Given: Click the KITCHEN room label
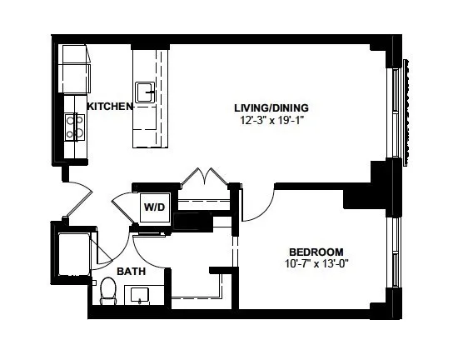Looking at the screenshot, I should [110, 107].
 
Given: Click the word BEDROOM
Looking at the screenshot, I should [316, 252].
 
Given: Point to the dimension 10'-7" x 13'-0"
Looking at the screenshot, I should [316, 265].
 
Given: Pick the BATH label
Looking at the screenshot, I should [131, 272].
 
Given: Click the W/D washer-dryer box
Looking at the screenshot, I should [154, 207].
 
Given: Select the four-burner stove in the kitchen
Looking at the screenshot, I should [74, 126].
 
